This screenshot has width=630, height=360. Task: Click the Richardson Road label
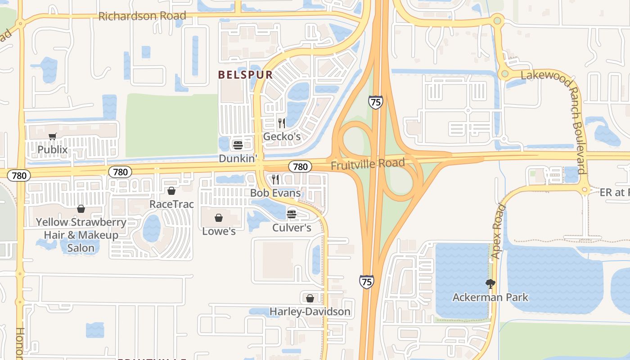(x=142, y=16)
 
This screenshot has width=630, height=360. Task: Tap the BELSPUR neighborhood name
(x=246, y=75)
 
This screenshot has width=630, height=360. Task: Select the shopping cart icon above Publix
(x=53, y=136)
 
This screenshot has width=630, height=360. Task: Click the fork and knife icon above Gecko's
(x=282, y=123)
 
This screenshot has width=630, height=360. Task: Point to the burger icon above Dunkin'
(x=238, y=145)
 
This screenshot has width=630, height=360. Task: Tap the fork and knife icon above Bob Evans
(x=275, y=180)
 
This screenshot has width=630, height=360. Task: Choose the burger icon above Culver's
(x=292, y=214)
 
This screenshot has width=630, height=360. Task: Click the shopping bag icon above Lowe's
(x=219, y=218)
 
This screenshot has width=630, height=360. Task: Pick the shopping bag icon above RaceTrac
(x=171, y=191)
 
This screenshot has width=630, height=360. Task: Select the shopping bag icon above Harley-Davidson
(x=310, y=298)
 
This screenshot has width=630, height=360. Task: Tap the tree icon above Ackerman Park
(x=490, y=283)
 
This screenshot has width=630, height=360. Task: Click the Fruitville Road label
(x=368, y=164)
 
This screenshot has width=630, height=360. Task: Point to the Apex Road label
(x=498, y=232)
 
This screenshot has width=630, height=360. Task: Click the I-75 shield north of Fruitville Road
(x=375, y=102)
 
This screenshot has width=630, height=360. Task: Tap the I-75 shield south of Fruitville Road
(x=366, y=282)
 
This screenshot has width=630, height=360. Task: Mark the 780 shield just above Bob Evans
(x=300, y=166)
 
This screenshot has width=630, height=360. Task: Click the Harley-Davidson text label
(x=310, y=311)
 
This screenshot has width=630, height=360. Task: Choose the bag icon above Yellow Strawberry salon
(x=81, y=209)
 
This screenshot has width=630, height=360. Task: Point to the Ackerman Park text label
(x=490, y=297)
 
